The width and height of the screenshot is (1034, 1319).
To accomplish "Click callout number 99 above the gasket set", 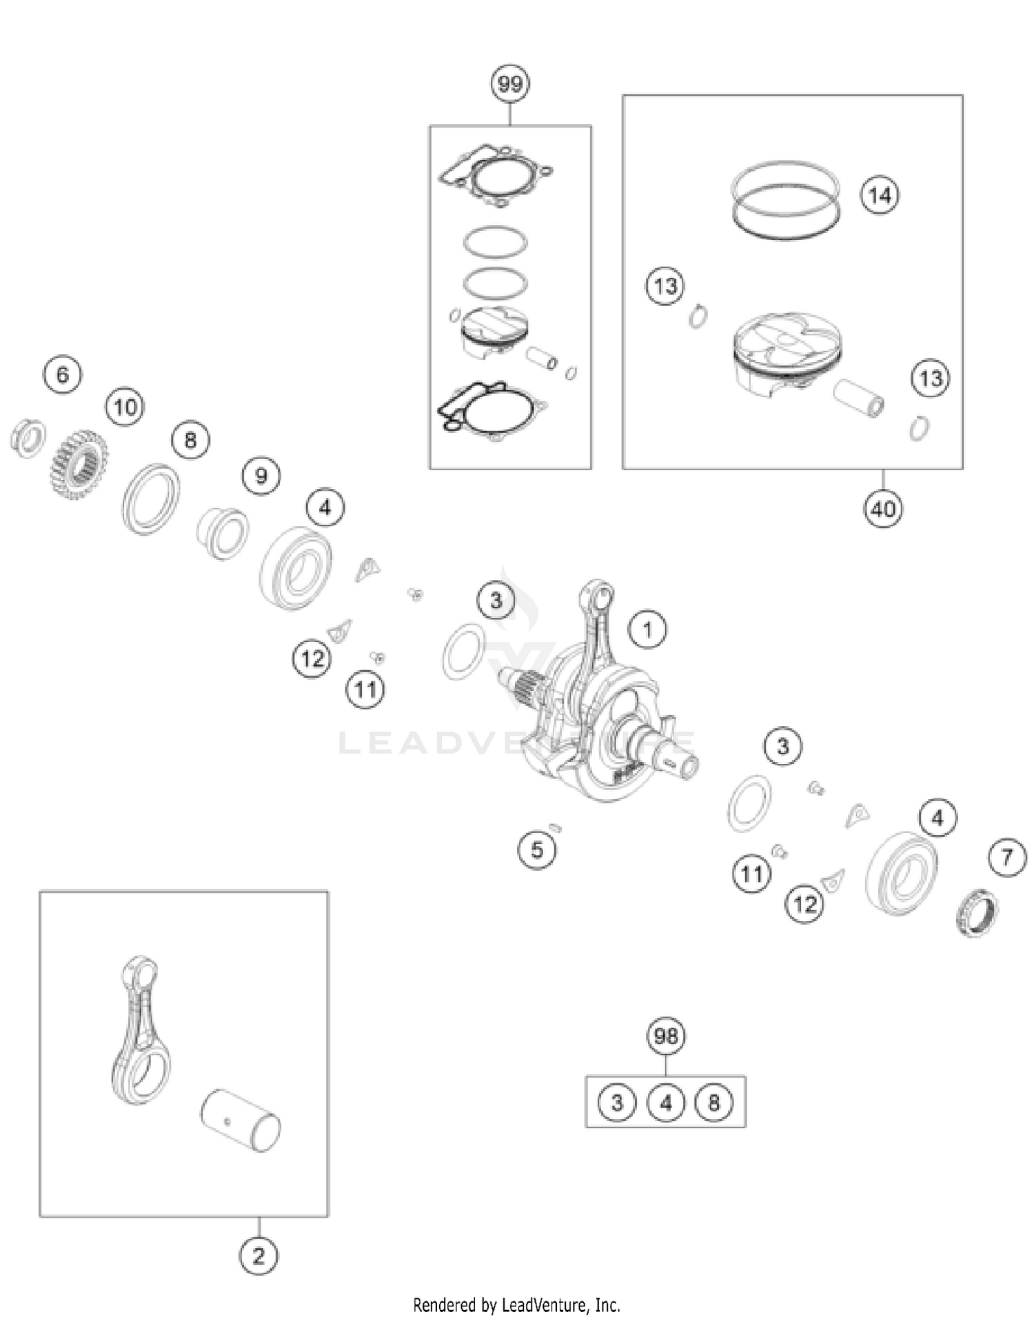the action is [x=509, y=84].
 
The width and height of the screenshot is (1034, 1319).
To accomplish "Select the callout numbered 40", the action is [x=883, y=509].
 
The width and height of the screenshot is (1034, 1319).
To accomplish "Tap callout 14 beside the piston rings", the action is [x=880, y=196].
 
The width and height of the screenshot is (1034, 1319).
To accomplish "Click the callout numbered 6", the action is [x=63, y=374].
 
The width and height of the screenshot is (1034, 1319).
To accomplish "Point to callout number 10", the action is [x=125, y=407].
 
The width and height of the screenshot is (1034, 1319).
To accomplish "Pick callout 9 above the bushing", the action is [x=261, y=476].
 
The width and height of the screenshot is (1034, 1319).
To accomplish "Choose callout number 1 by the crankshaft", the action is [x=647, y=629].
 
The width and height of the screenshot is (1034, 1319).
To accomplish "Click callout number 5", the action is [x=537, y=849].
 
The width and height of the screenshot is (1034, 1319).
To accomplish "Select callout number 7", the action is [x=1007, y=858].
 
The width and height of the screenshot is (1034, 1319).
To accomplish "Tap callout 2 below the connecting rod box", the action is [x=258, y=1256].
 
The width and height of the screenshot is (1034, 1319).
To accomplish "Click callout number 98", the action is [x=666, y=1036].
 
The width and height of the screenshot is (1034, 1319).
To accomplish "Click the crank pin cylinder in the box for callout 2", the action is [x=241, y=1120].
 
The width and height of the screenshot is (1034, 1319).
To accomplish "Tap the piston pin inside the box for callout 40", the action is [x=859, y=399].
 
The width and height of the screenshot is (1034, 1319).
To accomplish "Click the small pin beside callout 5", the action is [x=555, y=827].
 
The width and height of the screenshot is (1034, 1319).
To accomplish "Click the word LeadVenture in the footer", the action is [x=547, y=1305].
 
